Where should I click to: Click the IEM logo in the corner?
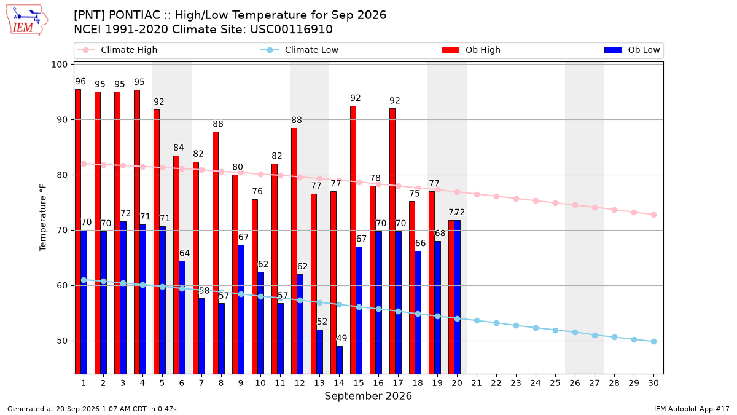coord(26,20)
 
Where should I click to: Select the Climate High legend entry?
coord(117,50)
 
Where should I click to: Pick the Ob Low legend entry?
coord(632,50)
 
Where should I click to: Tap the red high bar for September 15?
coord(353,240)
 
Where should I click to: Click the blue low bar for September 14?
coord(339,360)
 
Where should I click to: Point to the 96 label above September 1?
coord(80,81)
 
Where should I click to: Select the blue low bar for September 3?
coord(123,298)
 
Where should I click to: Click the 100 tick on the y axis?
coord(59,65)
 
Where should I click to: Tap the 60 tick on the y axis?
coord(62,285)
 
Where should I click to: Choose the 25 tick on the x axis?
coord(555,383)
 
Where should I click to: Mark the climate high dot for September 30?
coord(653,215)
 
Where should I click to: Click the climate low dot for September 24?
coord(536,328)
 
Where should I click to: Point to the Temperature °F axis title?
coord(43,218)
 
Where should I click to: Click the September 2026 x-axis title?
coord(368,396)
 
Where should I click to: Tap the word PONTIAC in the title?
coord(135,15)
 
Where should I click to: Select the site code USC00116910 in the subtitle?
coord(291,30)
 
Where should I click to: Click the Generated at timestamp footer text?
coord(92,409)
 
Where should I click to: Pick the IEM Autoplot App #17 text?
coord(692,409)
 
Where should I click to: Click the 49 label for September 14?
coord(341,338)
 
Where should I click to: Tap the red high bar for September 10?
coord(255,287)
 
